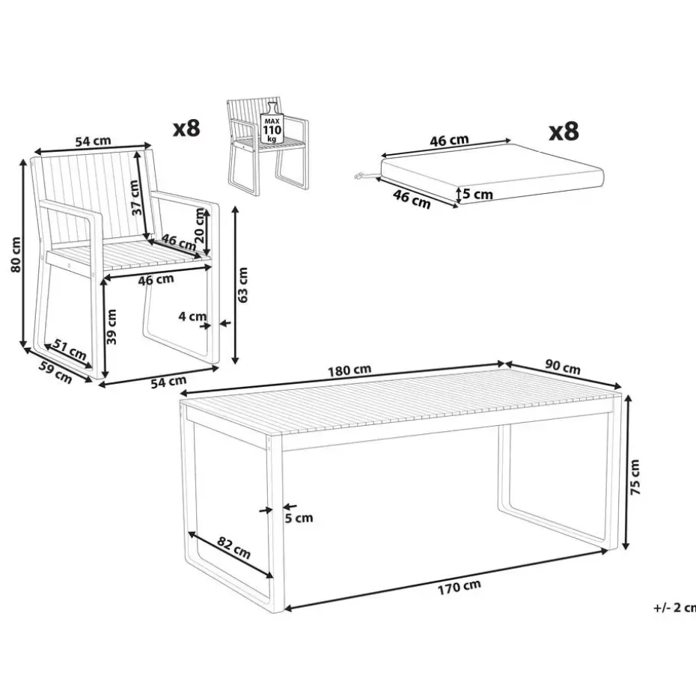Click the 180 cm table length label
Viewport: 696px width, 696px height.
[x=349, y=370]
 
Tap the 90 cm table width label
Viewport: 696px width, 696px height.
[x=562, y=368]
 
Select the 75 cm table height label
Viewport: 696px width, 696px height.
[x=635, y=477]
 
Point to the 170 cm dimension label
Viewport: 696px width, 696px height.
[x=459, y=587]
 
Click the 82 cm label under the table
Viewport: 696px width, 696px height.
[x=234, y=548]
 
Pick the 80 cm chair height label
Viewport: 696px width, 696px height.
[x=16, y=254]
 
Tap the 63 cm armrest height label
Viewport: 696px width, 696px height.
[x=242, y=285]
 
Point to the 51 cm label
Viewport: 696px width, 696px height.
[x=70, y=349]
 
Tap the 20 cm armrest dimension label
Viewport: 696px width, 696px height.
[x=200, y=225]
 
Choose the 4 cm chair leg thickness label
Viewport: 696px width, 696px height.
[x=192, y=316]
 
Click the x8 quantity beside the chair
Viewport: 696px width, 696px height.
[x=186, y=128]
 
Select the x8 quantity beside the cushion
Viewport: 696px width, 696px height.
[x=564, y=132]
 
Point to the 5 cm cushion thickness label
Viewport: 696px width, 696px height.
[x=477, y=194]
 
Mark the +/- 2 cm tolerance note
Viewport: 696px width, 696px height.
[x=674, y=608]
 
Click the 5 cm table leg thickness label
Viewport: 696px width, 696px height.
[x=299, y=518]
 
